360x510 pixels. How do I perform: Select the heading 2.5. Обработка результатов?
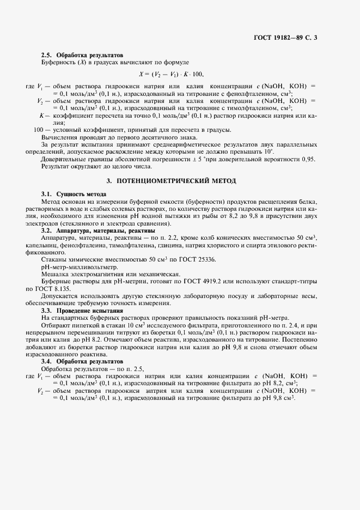click(x=82, y=56)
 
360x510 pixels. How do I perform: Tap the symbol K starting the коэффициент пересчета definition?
click(x=41, y=116)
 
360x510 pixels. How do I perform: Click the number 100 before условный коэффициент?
click(x=38, y=130)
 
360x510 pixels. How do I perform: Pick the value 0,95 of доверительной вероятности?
click(x=308, y=159)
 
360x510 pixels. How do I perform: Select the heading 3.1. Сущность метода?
click(x=74, y=194)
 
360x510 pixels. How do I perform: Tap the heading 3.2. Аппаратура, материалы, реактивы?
click(x=91, y=230)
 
